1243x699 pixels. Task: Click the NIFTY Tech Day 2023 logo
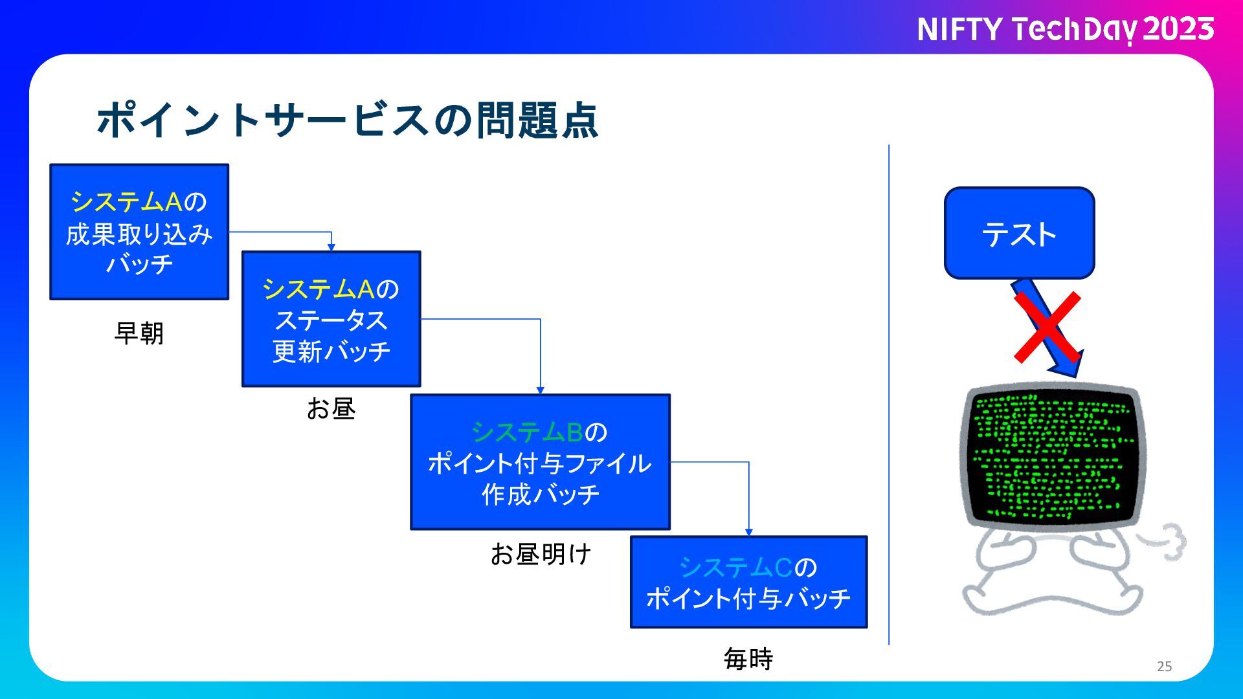[x=1065, y=30]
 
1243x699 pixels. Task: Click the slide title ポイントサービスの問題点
[x=348, y=120]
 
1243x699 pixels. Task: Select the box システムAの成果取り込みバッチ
[x=139, y=232]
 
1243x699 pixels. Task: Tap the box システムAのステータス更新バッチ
[x=331, y=319]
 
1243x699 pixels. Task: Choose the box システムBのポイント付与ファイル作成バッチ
[x=540, y=462]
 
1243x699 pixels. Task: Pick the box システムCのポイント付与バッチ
[x=748, y=582]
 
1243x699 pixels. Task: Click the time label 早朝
[x=139, y=333]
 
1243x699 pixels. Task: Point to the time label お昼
[x=331, y=409]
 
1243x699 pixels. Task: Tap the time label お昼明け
[x=541, y=554]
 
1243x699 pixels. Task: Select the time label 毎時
[x=748, y=659]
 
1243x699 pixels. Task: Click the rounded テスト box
[x=1019, y=233]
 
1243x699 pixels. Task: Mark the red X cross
[x=1047, y=327]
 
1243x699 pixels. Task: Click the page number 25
[x=1164, y=666]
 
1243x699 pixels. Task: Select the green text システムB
[x=527, y=432]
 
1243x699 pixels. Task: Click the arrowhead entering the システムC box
[x=749, y=532]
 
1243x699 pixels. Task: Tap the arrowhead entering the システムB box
[x=540, y=390]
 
